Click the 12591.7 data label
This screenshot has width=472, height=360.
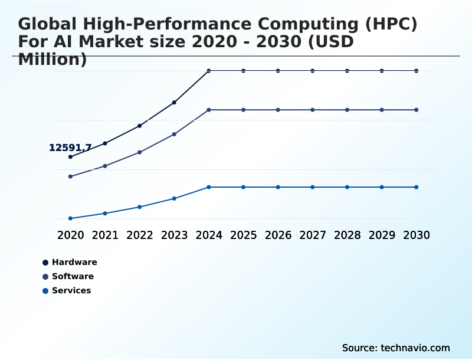coord(70,148)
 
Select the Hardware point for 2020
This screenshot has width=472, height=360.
coord(70,157)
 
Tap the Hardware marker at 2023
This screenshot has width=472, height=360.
coord(174,103)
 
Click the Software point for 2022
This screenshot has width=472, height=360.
coord(139,152)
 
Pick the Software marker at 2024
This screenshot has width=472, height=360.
coord(209,110)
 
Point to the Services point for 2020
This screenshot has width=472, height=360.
coord(70,218)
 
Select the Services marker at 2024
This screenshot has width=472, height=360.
coord(209,187)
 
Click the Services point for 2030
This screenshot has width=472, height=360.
coord(417,187)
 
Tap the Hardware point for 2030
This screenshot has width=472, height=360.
coord(417,71)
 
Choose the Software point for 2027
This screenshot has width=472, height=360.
coord(313,110)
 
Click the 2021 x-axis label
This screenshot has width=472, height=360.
coord(105,235)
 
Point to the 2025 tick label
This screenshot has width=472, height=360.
coord(243,235)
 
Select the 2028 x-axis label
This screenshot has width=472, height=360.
coord(347,235)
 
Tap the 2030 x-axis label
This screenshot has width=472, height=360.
coord(417,235)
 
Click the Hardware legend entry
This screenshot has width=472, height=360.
coord(74,262)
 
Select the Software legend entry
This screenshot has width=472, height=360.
coord(72,276)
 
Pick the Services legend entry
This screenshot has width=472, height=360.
coord(71,290)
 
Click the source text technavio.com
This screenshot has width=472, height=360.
coord(415,348)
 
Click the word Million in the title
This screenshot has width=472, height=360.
coord(52,60)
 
